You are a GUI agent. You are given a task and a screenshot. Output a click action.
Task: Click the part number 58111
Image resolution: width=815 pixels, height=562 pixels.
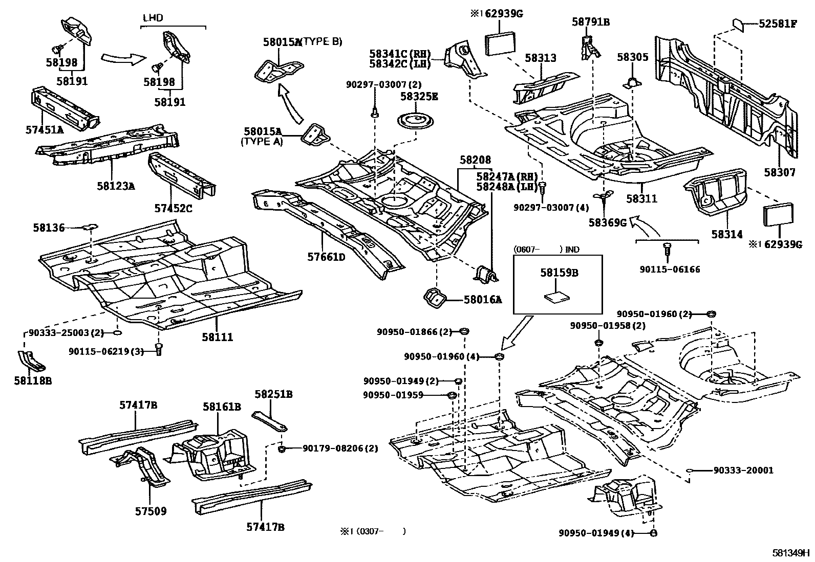217,338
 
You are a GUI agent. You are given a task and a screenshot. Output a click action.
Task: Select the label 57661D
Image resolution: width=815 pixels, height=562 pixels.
326,257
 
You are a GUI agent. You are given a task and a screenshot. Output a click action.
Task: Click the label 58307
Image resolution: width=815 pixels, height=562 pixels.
780,172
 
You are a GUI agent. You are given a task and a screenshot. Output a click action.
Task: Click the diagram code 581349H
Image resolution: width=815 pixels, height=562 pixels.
791,553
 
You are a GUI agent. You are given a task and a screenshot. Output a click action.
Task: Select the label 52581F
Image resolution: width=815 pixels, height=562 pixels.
778,24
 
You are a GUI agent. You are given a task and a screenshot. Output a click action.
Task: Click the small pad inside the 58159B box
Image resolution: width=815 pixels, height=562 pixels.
556,296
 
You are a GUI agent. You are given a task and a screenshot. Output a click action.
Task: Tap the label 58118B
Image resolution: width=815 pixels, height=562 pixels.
33,381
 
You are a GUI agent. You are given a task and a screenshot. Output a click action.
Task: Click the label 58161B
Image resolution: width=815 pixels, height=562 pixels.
221,407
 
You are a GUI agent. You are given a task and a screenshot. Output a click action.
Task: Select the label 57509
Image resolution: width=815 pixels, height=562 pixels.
151,511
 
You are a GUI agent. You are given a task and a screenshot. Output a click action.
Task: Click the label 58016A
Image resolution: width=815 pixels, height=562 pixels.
482,300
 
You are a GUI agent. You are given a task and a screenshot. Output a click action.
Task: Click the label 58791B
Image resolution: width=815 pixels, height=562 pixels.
591,22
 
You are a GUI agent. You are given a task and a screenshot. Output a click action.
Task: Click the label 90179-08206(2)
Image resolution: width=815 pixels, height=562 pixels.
340,448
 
